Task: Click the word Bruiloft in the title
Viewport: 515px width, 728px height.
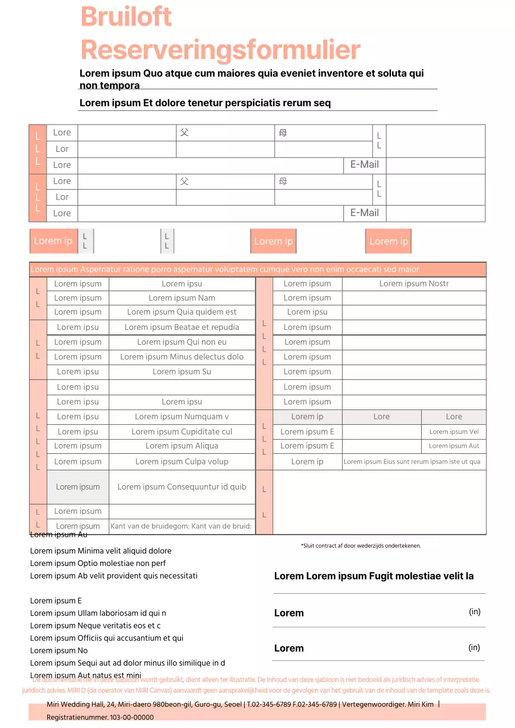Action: coord(126,16)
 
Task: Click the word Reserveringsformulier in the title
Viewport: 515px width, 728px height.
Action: coord(220,50)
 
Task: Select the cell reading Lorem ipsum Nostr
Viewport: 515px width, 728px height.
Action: coord(414,284)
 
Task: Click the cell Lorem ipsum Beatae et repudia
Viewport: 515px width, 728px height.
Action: coord(182,327)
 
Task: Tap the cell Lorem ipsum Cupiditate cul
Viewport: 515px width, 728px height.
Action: coord(182,432)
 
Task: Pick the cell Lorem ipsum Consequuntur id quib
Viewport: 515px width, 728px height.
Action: coord(182,487)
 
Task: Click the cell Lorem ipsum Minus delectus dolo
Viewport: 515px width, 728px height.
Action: coord(182,357)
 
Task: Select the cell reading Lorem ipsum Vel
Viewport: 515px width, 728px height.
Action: coord(454,432)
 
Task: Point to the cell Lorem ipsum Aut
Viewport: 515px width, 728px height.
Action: coord(454,446)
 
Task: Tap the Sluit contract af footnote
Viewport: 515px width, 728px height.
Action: coord(361,546)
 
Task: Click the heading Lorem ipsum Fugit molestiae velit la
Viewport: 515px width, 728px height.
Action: coord(374,576)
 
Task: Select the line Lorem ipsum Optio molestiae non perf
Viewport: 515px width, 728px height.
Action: coord(98,563)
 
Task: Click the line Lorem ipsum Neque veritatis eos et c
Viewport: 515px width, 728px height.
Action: coord(96,626)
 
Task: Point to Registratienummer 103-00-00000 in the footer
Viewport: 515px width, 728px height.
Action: coord(100,717)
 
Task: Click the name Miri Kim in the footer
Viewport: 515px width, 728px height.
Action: coord(421,705)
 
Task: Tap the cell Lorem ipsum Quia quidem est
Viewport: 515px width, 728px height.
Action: coord(182,312)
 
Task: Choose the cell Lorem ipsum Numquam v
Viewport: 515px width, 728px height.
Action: coord(182,416)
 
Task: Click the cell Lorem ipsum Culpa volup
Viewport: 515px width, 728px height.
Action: coord(182,461)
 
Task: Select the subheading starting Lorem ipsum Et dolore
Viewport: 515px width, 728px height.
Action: coord(205,103)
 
